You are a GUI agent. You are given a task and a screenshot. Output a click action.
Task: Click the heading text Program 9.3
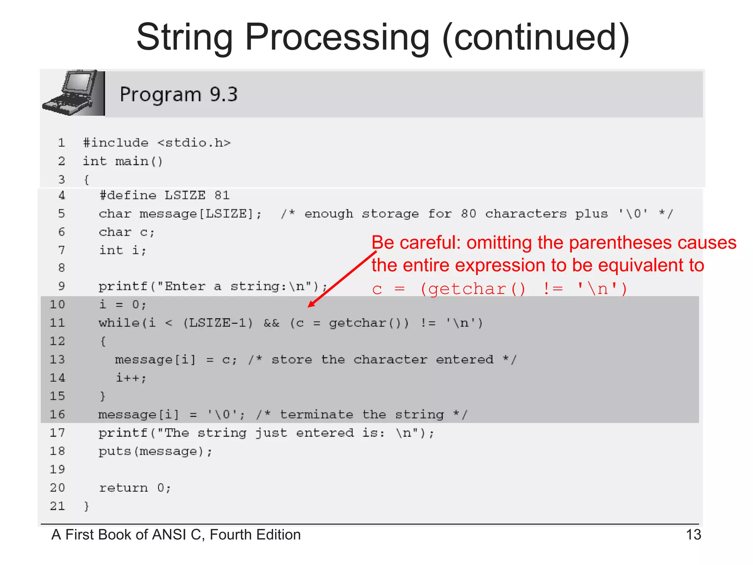179,95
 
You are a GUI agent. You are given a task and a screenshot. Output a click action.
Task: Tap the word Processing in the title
337,38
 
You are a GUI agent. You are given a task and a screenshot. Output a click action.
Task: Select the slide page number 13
693,534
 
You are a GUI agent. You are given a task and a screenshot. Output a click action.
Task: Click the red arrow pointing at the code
342,279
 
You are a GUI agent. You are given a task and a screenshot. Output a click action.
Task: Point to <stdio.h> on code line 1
194,143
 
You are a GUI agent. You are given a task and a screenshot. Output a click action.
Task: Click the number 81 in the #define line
222,195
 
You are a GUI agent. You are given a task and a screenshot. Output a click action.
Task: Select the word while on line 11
119,323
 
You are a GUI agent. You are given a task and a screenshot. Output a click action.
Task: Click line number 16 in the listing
57,415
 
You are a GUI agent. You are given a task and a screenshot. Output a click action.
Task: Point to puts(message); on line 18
155,451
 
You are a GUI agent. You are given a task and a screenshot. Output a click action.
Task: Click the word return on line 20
124,488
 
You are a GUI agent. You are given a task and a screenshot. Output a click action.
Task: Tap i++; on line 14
131,378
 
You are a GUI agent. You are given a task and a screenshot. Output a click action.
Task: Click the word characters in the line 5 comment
526,214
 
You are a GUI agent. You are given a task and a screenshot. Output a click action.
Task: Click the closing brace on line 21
86,507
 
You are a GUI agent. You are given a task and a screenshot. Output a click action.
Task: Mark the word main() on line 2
139,161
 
